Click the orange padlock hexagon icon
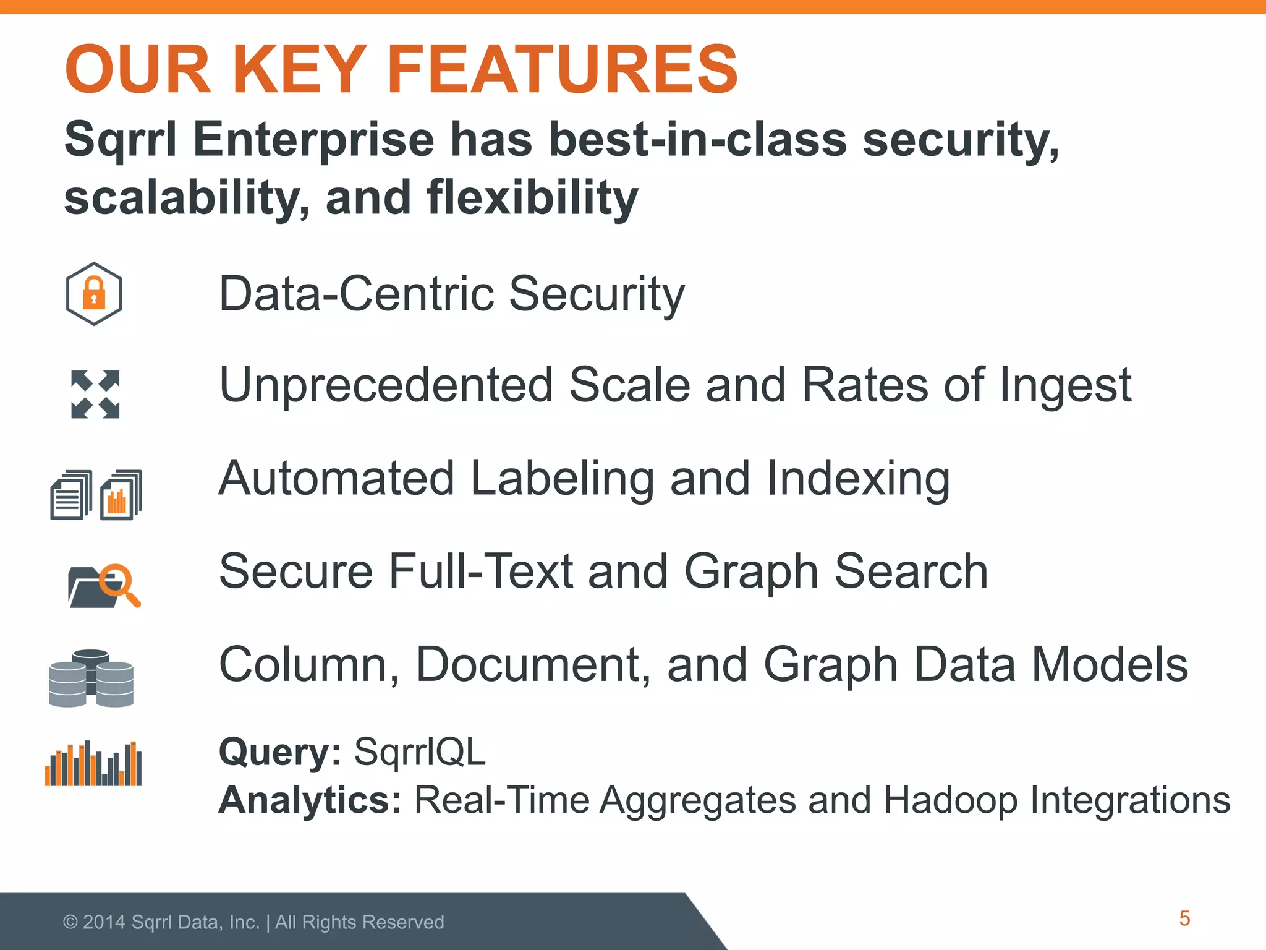(x=94, y=294)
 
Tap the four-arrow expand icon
(x=95, y=394)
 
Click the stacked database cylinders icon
(x=91, y=678)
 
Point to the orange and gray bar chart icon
(x=93, y=764)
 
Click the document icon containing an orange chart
(x=121, y=495)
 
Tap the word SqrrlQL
(x=420, y=752)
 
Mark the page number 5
(x=1184, y=918)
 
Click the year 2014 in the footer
(x=104, y=922)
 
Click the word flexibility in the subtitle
(x=532, y=198)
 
